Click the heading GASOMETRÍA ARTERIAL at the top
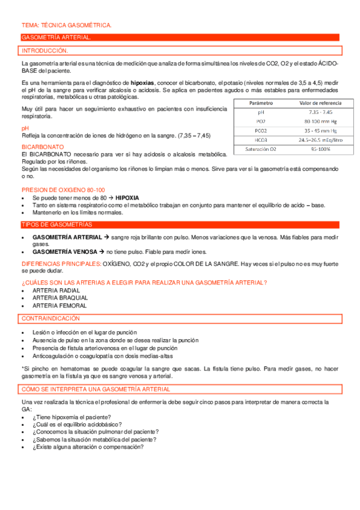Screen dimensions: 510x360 point(56,38)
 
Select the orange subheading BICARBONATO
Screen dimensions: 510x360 point(41,147)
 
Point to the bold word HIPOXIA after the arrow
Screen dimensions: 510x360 point(127,197)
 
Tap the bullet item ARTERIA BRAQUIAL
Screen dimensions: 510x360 point(60,298)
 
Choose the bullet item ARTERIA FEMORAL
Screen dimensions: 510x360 point(59,306)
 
